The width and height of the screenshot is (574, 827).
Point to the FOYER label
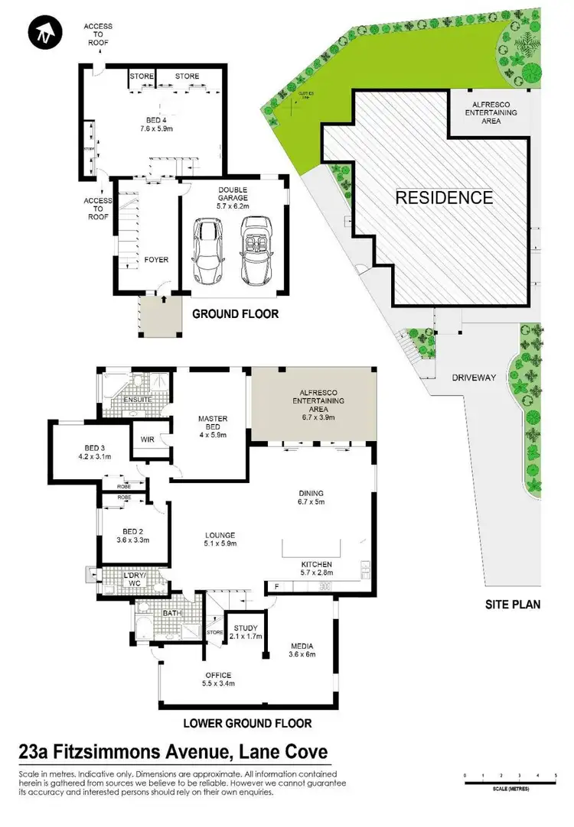tap(156, 260)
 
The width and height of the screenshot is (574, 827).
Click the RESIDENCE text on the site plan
tap(444, 198)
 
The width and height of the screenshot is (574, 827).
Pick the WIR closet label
tap(148, 439)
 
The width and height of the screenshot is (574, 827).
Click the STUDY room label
tap(247, 628)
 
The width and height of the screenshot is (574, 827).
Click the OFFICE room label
tap(217, 675)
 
